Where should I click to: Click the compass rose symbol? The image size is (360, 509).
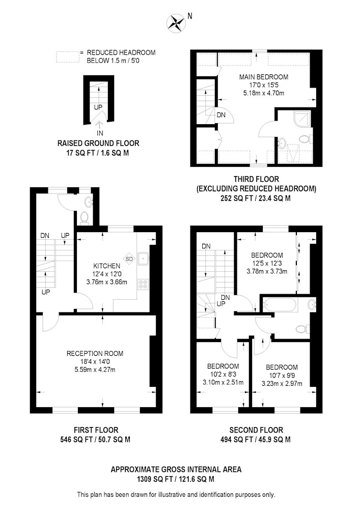[176, 23]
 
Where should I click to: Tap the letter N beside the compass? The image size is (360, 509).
[190, 16]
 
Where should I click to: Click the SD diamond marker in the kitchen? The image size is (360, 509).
[129, 259]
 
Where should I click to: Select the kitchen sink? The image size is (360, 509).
[143, 259]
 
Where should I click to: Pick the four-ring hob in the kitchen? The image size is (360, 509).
[143, 285]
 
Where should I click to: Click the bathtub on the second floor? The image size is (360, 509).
[280, 305]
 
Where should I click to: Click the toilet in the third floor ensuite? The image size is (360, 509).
[305, 139]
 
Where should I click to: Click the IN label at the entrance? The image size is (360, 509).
[100, 133]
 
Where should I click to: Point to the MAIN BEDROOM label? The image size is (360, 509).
[264, 77]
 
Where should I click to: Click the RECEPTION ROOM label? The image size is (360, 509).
[95, 354]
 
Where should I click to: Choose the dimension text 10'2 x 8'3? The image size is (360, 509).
[223, 374]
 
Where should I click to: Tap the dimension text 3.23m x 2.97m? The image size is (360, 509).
[282, 383]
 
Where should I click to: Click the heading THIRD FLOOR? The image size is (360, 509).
[256, 179]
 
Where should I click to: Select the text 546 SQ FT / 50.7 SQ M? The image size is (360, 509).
[95, 440]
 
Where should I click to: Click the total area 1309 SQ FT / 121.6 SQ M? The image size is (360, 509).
[176, 479]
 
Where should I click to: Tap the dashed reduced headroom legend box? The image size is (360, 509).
[68, 57]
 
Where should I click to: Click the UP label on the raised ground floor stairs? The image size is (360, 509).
[98, 107]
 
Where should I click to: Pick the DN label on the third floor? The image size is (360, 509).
[221, 115]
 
